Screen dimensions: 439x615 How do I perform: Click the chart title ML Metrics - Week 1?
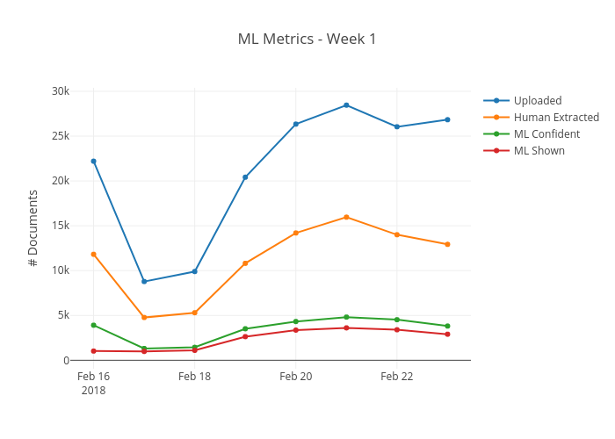tap(307, 39)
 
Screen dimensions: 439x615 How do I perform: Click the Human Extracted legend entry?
tap(556, 117)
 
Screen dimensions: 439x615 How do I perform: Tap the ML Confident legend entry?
tap(546, 133)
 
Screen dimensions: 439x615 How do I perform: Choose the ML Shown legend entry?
tap(539, 150)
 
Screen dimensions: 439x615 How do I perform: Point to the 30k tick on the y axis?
tap(61, 91)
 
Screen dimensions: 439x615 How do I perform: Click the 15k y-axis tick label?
tap(61, 226)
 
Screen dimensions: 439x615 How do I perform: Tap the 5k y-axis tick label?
tap(63, 315)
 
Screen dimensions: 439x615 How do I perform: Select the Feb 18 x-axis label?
tap(194, 376)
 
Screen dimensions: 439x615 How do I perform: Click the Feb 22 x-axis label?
tap(396, 376)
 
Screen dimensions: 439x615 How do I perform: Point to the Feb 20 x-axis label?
tap(295, 376)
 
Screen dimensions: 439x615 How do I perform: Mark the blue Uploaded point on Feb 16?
tap(93, 161)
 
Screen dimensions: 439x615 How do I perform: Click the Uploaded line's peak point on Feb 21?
tap(346, 105)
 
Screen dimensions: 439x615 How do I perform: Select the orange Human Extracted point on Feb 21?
tap(346, 217)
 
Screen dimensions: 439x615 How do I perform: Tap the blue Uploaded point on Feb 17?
tap(144, 282)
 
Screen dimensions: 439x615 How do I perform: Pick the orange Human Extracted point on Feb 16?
tap(93, 254)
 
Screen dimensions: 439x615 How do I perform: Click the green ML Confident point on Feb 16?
tap(93, 325)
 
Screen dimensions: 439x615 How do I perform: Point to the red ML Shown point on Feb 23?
tap(447, 335)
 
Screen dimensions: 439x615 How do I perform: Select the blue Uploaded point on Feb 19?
tap(245, 177)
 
